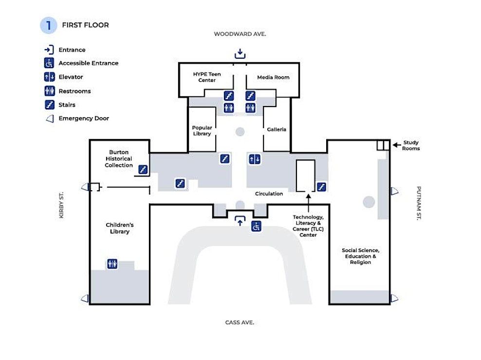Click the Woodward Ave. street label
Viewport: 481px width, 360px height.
tap(240, 34)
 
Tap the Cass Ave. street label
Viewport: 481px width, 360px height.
tap(240, 322)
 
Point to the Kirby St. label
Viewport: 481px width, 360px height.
tap(61, 205)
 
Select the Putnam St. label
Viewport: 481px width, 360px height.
tap(419, 203)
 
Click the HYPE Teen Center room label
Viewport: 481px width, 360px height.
tap(207, 77)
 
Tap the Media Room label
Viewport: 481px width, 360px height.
tap(273, 77)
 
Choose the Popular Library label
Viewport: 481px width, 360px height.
tap(202, 131)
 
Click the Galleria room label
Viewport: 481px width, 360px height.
tap(277, 129)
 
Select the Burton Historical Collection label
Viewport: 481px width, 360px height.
tap(119, 159)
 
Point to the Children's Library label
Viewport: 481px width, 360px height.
tap(120, 228)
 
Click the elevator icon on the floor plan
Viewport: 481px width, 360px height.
tap(255, 159)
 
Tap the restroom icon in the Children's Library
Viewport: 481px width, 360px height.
tap(112, 264)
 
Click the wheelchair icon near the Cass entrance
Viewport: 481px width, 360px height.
tap(257, 226)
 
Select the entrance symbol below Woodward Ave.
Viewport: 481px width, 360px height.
tap(240, 54)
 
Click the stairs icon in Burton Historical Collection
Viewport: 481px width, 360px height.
tap(143, 170)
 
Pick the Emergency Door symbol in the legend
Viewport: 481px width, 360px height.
tap(50, 118)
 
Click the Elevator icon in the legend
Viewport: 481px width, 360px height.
tap(49, 77)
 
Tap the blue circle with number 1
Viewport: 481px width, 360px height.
tap(49, 25)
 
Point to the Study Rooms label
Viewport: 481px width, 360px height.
tap(411, 145)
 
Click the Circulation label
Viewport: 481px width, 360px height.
tap(269, 194)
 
